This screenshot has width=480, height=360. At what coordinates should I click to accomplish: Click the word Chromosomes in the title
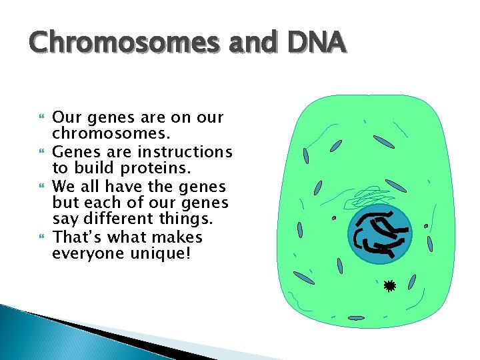pyautogui.click(x=124, y=43)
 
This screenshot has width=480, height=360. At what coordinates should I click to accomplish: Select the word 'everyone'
pyautogui.click(x=85, y=255)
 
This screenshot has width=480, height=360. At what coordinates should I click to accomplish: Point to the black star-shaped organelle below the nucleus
pyautogui.click(x=389, y=286)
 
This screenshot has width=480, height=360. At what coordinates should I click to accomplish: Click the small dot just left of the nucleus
pyautogui.click(x=334, y=218)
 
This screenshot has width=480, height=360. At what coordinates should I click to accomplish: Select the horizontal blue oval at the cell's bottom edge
pyautogui.click(x=356, y=318)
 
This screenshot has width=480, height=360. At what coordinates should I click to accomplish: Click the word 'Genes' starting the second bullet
pyautogui.click(x=75, y=153)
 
